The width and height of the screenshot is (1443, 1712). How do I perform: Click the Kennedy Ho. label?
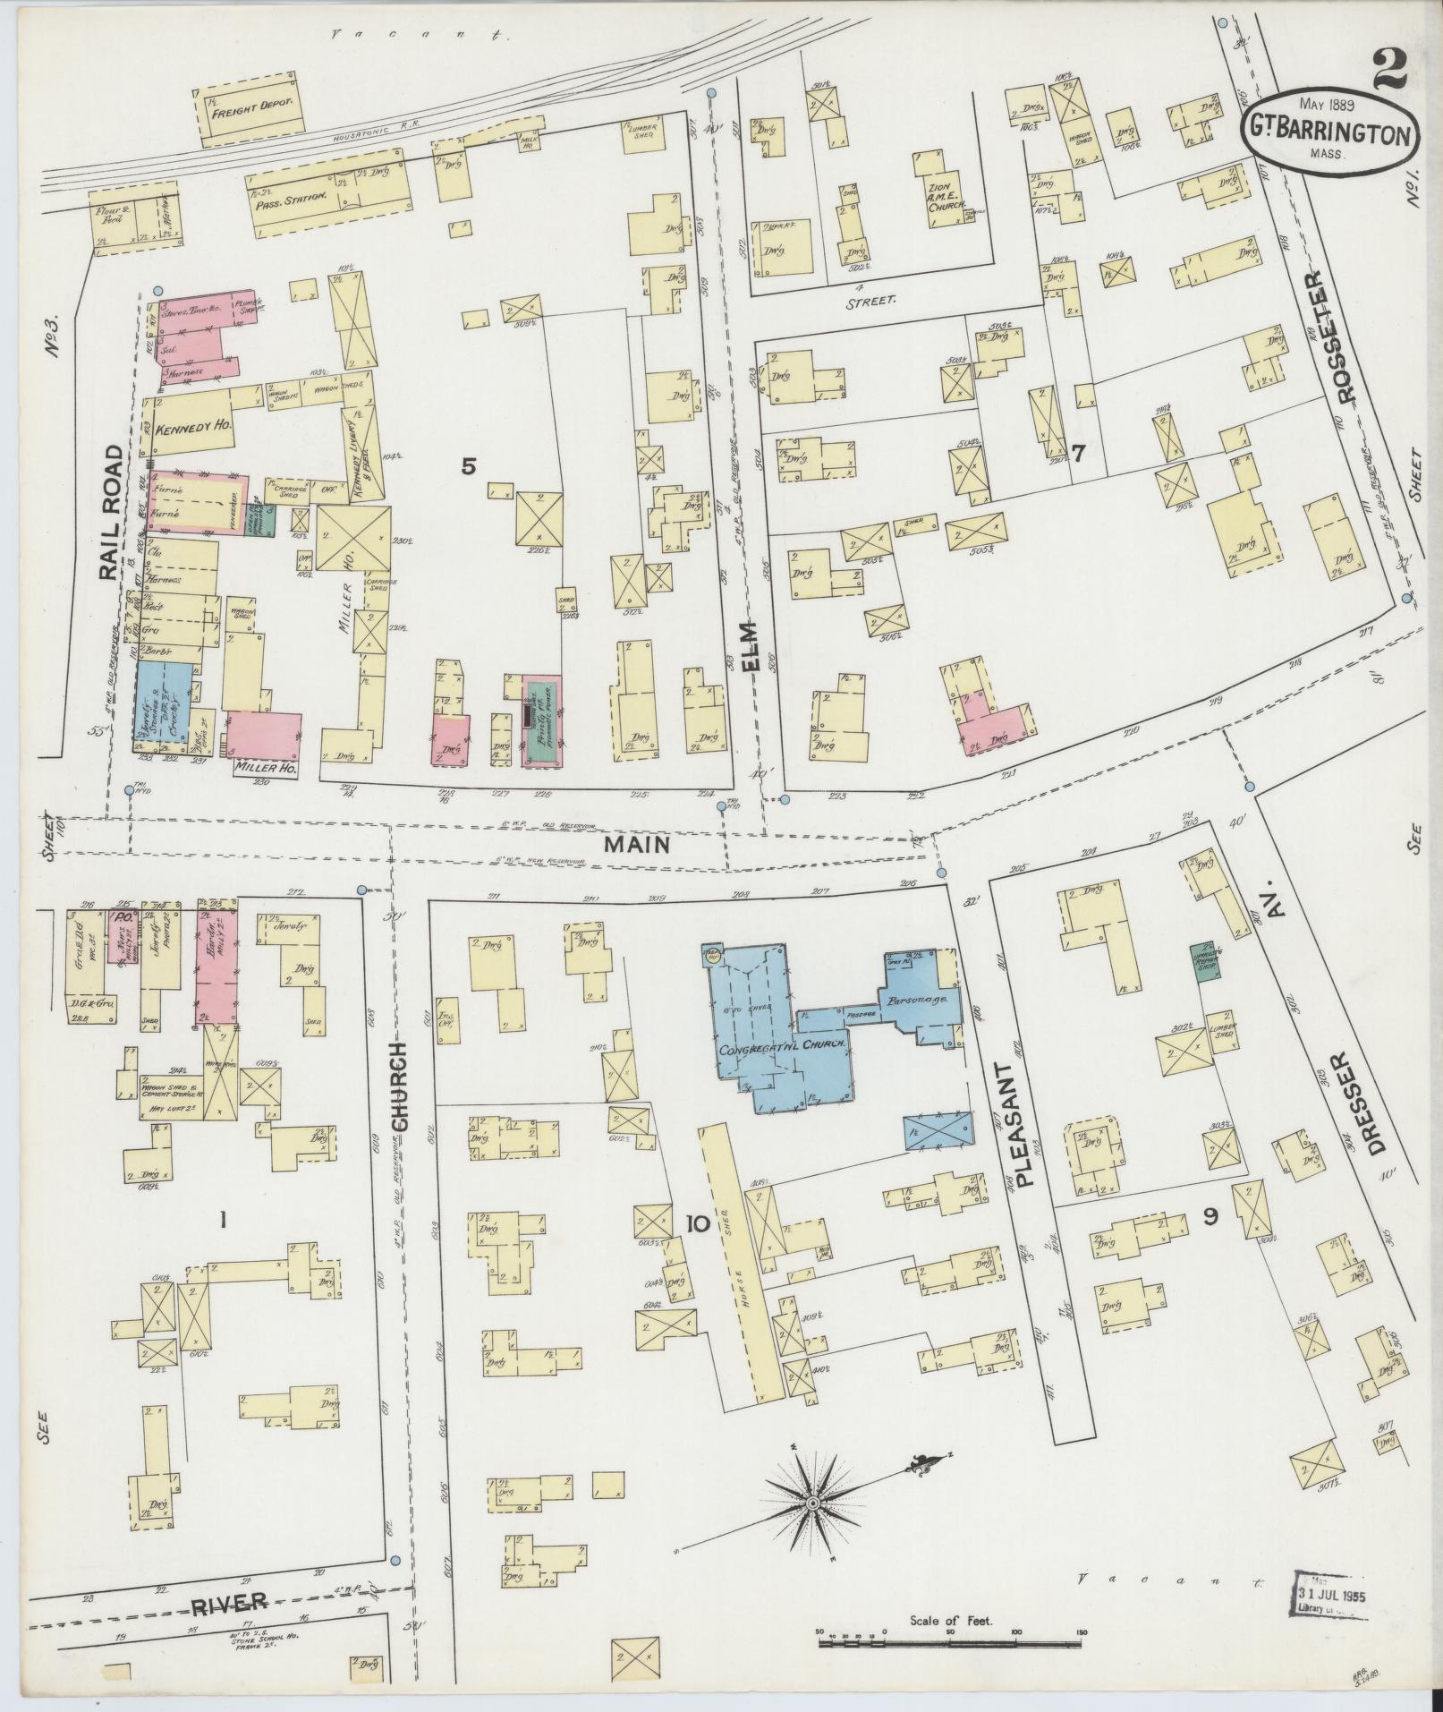click(x=194, y=428)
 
